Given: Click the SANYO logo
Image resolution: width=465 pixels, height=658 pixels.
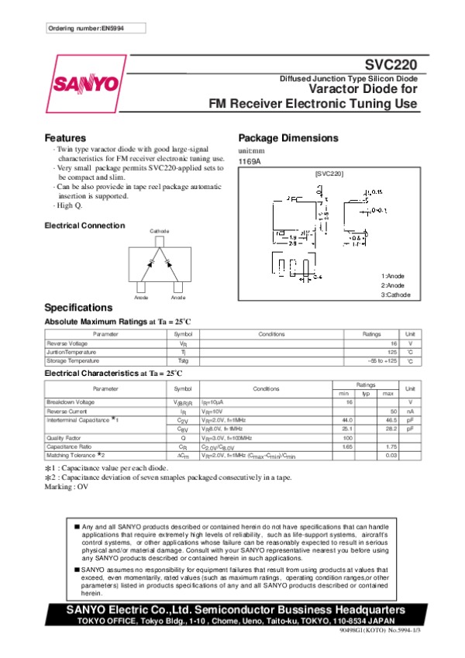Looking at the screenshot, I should tap(85, 83).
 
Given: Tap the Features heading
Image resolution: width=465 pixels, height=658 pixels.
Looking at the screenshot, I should tap(65, 137).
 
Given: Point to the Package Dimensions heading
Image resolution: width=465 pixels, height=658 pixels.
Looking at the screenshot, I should tap(288, 137).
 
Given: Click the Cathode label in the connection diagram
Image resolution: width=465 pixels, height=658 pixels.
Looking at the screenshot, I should tap(159, 232).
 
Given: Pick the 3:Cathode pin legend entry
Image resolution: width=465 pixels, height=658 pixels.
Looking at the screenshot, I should tap(395, 295).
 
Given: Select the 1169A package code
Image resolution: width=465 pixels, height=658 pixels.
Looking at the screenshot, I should tap(248, 160).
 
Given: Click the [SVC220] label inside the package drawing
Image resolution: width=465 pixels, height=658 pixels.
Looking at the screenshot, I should tap(329, 175).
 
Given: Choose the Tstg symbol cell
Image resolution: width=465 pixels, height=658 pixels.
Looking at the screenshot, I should tap(183, 360).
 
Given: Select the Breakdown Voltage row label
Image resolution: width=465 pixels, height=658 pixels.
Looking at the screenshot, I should tap(71, 402).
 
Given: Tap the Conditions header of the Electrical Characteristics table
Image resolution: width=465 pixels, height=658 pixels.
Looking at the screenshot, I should tap(266, 388).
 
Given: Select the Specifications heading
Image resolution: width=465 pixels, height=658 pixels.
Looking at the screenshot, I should tap(78, 307).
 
